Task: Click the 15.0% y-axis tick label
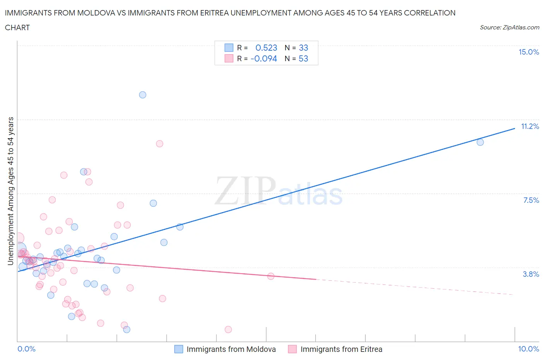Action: click(x=529, y=52)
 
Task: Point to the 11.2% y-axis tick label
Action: click(x=530, y=126)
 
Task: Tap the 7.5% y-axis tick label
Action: click(x=531, y=200)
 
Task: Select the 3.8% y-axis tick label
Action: click(x=531, y=274)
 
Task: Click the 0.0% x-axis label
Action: click(x=26, y=349)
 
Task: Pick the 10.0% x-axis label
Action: click(x=529, y=349)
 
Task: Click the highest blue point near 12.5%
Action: click(x=142, y=95)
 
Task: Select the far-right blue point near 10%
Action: click(x=480, y=142)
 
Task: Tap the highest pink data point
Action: click(x=159, y=144)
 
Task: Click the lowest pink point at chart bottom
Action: click(x=228, y=329)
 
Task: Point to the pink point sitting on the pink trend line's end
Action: click(x=271, y=276)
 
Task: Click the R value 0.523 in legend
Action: click(x=266, y=48)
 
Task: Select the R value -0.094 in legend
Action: click(x=264, y=58)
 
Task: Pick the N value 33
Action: click(x=303, y=48)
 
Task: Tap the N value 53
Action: click(x=303, y=58)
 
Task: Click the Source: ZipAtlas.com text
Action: click(x=509, y=27)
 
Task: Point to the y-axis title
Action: click(x=10, y=191)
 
